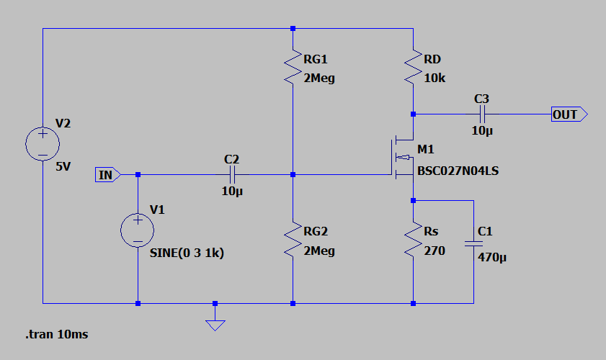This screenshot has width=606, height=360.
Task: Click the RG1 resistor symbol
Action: tap(293, 66)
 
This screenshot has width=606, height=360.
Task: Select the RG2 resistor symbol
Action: tap(293, 239)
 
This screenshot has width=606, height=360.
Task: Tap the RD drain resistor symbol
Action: tap(413, 66)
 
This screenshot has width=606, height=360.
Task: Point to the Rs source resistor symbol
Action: tap(413, 239)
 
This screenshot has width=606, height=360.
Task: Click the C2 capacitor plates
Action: tap(232, 174)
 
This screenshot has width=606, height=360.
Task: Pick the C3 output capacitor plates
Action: tap(482, 114)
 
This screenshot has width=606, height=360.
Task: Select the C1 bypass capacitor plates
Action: tap(473, 243)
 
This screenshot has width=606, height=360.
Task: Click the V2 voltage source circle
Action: tap(43, 144)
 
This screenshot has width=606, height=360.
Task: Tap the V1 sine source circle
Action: tap(138, 230)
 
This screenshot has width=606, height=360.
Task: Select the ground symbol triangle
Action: tap(215, 325)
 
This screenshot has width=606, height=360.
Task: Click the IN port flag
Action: tap(108, 174)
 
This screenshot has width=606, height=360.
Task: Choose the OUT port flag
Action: tap(569, 114)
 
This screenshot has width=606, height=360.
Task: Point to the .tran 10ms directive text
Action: tap(57, 334)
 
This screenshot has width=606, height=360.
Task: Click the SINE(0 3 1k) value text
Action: tap(187, 253)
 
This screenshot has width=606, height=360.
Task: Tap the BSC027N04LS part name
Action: tap(458, 171)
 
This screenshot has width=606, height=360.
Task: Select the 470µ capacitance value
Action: tap(492, 257)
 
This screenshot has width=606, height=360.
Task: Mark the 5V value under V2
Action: tap(63, 166)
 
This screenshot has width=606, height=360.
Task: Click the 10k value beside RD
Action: tap(435, 78)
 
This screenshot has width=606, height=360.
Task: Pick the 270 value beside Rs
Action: tap(435, 251)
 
